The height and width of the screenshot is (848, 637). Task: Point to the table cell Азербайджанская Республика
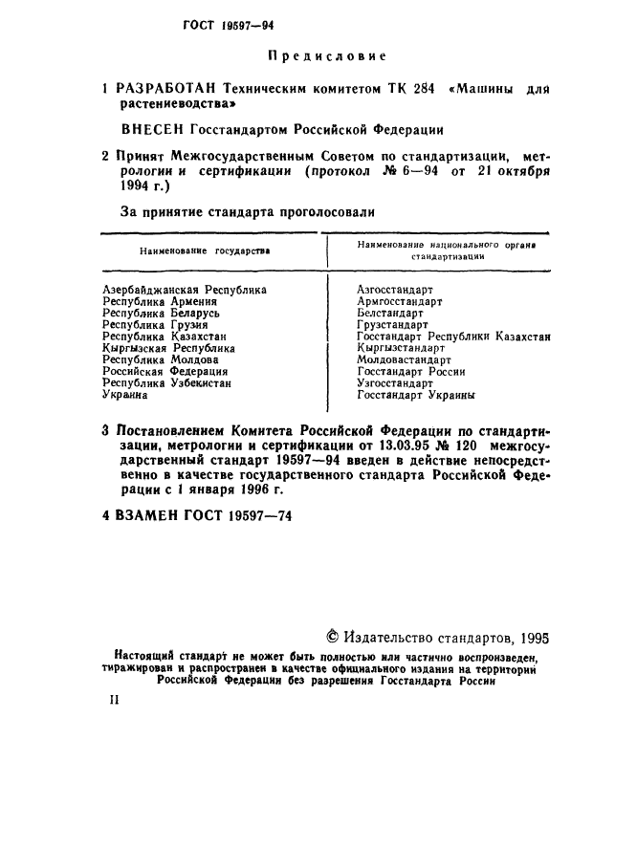pos(184,288)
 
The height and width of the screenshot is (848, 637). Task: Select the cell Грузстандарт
pos(392,325)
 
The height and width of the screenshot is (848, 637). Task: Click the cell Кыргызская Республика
pos(167,349)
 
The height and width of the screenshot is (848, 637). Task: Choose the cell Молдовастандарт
pos(404,360)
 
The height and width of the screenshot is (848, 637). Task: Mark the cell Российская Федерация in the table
pos(165,372)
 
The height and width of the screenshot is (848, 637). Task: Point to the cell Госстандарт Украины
pos(416,395)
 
